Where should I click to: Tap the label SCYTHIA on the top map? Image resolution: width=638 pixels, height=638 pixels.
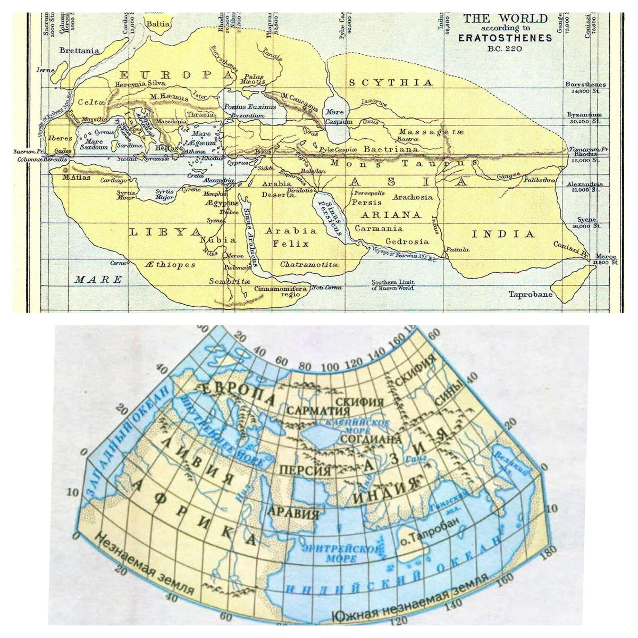point(391,82)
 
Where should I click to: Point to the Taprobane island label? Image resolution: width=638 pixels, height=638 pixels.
point(530,294)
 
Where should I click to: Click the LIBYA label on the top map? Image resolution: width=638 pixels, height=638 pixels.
point(160,232)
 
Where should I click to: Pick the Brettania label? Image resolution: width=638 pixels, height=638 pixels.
point(80,51)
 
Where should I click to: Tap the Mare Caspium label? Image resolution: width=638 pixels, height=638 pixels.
point(339,117)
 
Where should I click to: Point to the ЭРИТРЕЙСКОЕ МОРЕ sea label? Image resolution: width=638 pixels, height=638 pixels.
point(340,553)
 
